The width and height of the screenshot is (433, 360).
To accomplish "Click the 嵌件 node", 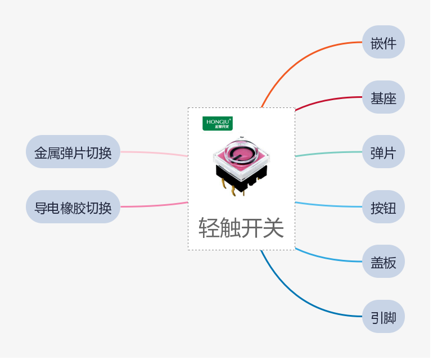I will pyautogui.click(x=384, y=42).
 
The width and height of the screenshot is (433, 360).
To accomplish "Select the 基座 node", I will pyautogui.click(x=384, y=97).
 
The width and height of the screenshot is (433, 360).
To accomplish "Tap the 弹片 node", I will pyautogui.click(x=384, y=152).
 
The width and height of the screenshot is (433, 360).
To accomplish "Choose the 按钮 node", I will pyautogui.click(x=384, y=207).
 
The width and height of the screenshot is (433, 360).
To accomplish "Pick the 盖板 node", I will pyautogui.click(x=384, y=262).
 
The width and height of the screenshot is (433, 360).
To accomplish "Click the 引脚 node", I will pyautogui.click(x=384, y=317).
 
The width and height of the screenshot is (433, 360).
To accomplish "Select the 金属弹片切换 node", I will pyautogui.click(x=73, y=152).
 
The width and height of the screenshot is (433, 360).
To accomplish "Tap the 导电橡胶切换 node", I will pyautogui.click(x=73, y=207).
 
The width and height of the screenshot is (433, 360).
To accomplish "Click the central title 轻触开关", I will pyautogui.click(x=241, y=228).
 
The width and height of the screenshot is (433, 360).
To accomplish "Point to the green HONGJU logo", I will pyautogui.click(x=218, y=123).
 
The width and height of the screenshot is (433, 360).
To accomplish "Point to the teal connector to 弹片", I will pyautogui.click(x=329, y=152).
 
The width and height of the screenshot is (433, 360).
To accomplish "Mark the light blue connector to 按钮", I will pyautogui.click(x=329, y=206).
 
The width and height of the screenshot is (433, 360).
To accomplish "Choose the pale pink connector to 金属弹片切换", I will pyautogui.click(x=155, y=153).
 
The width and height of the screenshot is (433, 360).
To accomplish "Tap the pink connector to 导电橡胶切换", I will pyautogui.click(x=155, y=205).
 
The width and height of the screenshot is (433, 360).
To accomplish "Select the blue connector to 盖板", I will pyautogui.click(x=329, y=259).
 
